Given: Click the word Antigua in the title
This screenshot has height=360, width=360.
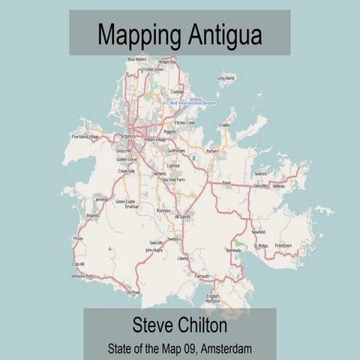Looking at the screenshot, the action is pos(220,34).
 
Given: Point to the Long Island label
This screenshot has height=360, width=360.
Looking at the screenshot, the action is pos(226,77).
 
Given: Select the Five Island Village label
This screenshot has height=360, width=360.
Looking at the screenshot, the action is pos(85,137).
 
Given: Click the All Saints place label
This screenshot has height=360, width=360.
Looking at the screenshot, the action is pos(182,216).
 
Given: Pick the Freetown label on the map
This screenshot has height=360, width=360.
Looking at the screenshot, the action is pos(283,245).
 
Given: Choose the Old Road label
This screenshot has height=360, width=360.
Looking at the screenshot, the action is pos(133,292).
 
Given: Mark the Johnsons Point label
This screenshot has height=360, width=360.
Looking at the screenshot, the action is pos(82,276).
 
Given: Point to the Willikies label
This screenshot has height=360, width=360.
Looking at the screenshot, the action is pos(278,185).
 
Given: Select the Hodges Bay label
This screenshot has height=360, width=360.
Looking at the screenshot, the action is pos(168,62).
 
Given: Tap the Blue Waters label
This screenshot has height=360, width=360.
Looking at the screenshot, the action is pos(136,58).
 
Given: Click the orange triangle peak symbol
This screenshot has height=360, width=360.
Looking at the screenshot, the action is pos(110,247).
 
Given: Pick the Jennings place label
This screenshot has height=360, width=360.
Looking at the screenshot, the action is pos(102,199).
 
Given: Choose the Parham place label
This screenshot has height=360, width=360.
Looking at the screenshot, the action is pos(212,151).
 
